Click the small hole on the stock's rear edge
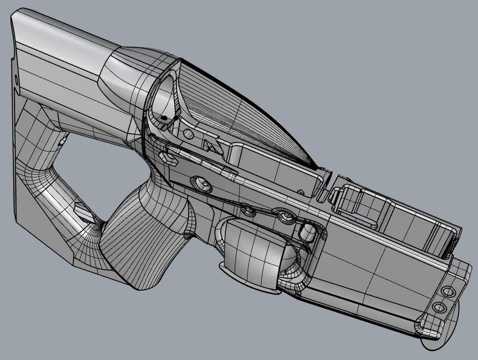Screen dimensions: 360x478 [x=16, y=79]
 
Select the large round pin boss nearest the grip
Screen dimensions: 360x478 [x=201, y=183]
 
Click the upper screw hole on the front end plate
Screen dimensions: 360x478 [x=447, y=291]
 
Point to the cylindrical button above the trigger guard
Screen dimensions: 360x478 [x=308, y=232]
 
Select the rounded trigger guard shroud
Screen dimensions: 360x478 [x=254, y=254]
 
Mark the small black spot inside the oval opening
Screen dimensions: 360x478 [x=164, y=118]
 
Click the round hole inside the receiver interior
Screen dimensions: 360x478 [x=189, y=133]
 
